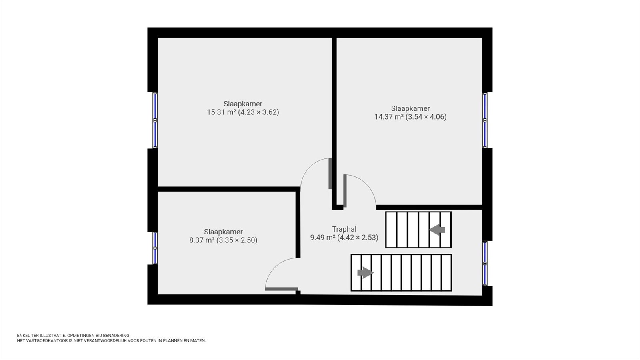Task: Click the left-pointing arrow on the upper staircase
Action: point(437,230)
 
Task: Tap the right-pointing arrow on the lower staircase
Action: point(366,272)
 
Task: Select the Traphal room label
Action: point(344,229)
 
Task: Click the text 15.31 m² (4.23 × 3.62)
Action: point(243,112)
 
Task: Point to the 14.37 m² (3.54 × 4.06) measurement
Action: point(410,117)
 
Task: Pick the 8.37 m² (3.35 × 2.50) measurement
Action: point(223,240)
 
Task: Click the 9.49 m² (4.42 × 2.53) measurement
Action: point(344,238)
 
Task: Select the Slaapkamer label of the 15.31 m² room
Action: point(243,104)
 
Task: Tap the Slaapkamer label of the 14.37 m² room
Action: point(410,108)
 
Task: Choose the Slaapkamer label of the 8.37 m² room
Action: point(224,232)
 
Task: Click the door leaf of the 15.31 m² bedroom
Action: point(330,173)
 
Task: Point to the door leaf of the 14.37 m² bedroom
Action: point(345,190)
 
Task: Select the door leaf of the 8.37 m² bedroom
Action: point(282,289)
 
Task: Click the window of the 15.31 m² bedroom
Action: point(155,120)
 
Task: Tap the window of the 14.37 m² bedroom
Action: point(485,120)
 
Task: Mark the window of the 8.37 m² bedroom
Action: point(155,248)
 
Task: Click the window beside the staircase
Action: point(485,263)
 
